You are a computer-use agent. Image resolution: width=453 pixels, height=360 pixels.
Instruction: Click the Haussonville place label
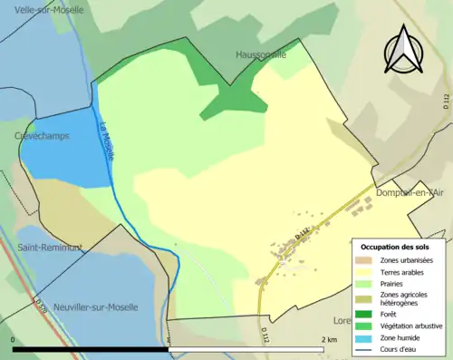[x=261, y=54]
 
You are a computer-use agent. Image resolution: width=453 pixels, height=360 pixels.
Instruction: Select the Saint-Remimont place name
[x=50, y=247]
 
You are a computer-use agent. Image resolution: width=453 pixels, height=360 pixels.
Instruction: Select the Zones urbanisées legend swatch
[x=366, y=260]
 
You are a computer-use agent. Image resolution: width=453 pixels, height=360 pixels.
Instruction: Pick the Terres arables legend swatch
[x=366, y=272]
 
